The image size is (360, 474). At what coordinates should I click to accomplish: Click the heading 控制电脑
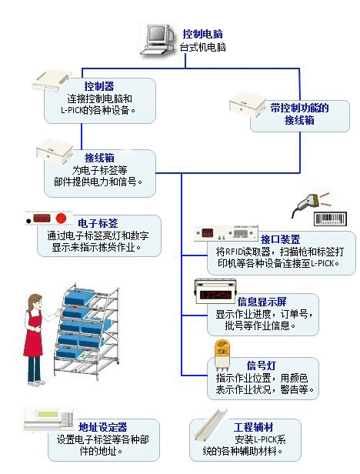[x=203, y=35]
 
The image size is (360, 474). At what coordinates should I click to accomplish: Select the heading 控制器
[x=98, y=86]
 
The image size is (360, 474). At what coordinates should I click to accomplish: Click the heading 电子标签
[x=103, y=223]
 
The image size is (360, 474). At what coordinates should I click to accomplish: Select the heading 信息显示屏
[x=267, y=301]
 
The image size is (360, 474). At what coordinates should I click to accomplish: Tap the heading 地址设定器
[x=103, y=426]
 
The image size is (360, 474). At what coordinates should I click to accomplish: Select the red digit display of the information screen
[x=211, y=293]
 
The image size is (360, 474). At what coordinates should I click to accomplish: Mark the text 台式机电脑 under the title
[x=203, y=48]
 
